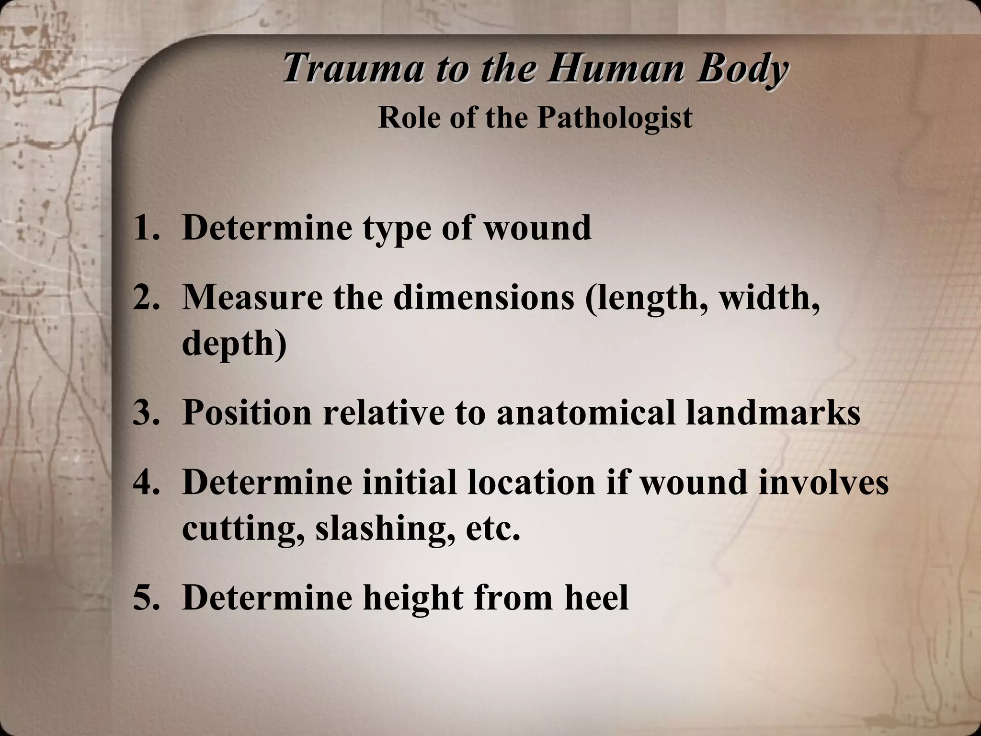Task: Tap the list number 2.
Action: click(x=146, y=298)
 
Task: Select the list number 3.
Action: click(x=146, y=412)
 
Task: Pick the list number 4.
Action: click(x=146, y=482)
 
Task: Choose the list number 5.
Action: click(x=146, y=598)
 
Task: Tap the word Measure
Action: click(x=252, y=298)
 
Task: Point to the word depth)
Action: click(x=234, y=344)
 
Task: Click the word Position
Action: click(x=247, y=412)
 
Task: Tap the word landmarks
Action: click(x=773, y=412)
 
